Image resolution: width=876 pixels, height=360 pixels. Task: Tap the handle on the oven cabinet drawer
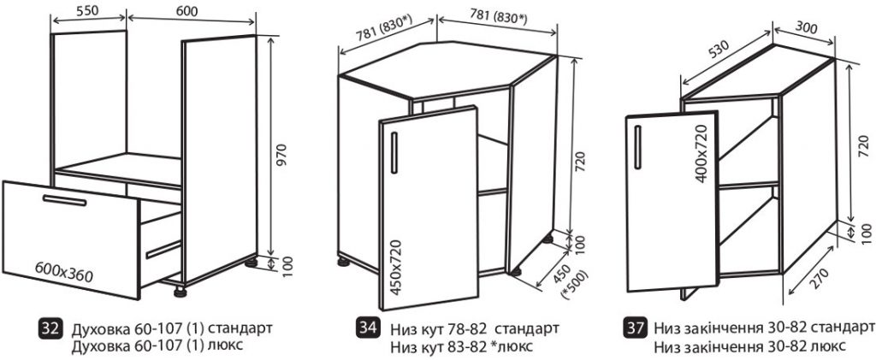coord(64,200)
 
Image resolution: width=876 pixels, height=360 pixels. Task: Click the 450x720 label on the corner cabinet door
coord(396,267)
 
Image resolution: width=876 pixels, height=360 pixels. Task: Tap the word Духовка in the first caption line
coord(93,328)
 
